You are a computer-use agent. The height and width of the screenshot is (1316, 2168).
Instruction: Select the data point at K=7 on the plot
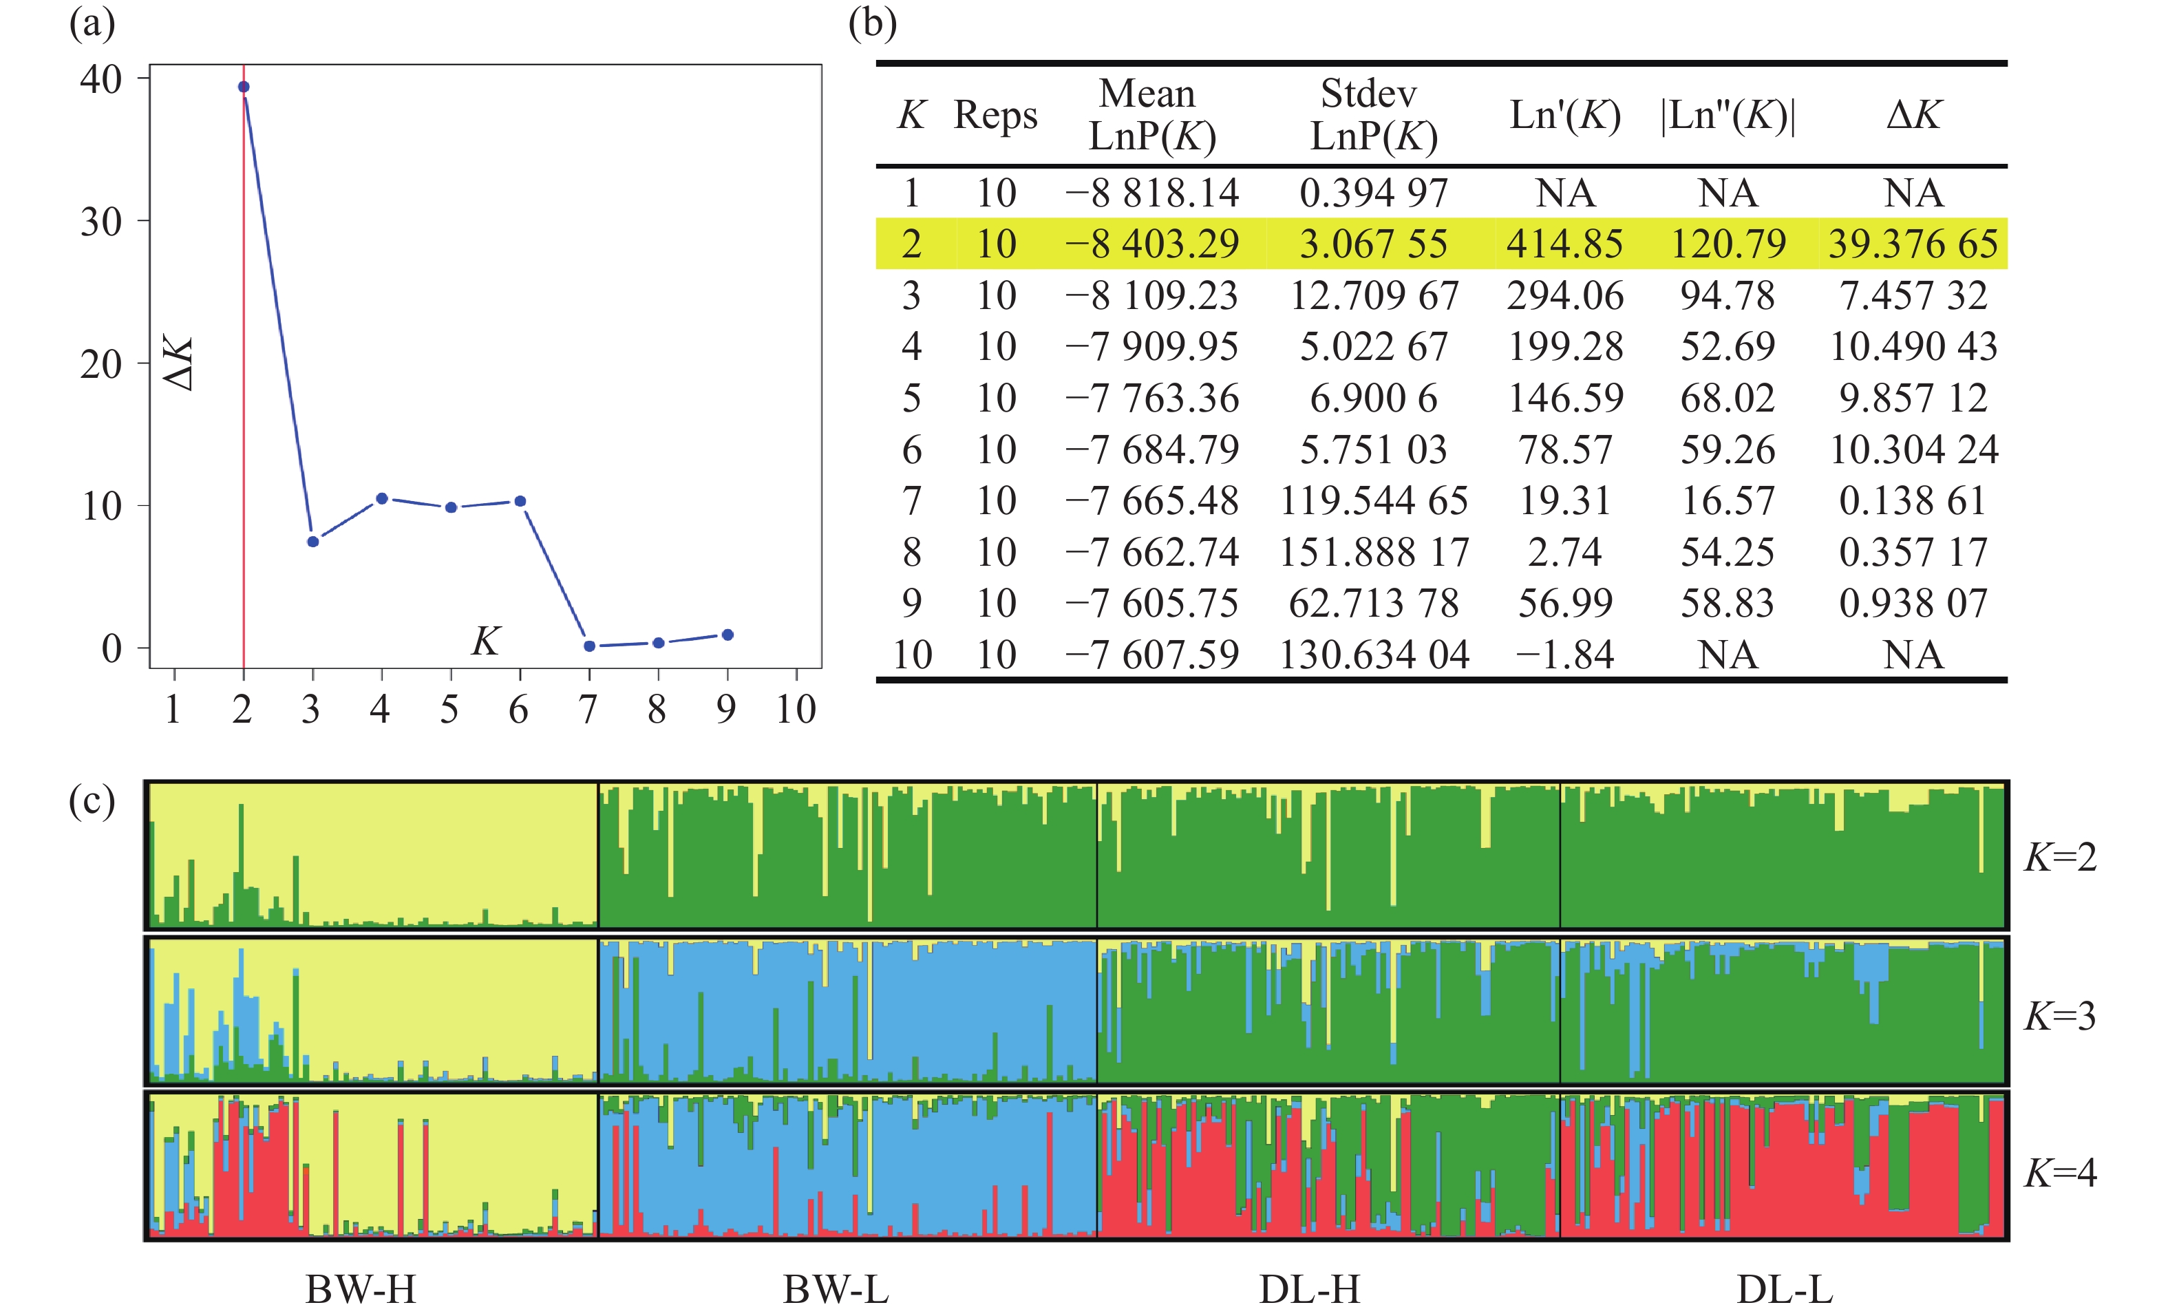(590, 646)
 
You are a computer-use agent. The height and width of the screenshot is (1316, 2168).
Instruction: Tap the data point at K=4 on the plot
(382, 499)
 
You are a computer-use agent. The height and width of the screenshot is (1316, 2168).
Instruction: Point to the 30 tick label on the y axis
(101, 222)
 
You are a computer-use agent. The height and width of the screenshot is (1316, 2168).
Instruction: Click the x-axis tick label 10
(796, 709)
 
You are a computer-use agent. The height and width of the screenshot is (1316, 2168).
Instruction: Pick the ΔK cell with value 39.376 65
(1913, 244)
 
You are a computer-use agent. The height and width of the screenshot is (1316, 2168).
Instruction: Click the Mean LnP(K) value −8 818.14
(1151, 193)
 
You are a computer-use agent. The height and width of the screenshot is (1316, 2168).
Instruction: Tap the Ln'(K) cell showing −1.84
(1564, 655)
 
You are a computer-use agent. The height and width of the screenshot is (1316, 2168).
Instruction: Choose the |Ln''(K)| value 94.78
(1728, 295)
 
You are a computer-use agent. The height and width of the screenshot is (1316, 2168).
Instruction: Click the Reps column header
(995, 115)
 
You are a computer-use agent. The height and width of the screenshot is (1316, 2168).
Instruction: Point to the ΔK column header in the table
(1913, 115)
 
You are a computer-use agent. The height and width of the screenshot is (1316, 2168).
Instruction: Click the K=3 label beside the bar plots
(2060, 1016)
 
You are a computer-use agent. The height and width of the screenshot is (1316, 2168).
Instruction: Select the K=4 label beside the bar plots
(2060, 1173)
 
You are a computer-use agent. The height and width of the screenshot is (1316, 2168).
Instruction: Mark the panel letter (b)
(872, 24)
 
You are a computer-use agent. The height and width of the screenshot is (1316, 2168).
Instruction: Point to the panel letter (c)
(92, 801)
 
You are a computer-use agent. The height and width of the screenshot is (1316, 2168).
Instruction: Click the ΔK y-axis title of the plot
(179, 363)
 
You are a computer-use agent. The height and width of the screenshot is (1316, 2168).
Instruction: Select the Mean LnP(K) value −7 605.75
(1151, 604)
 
